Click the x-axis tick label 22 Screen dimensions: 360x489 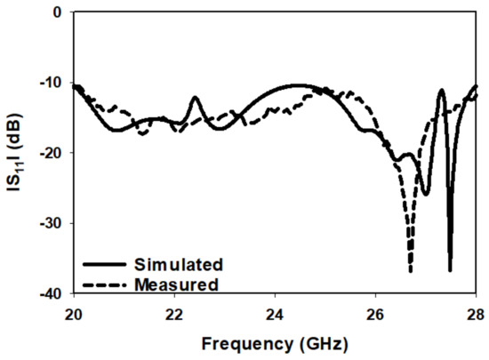pyautogui.click(x=174, y=312)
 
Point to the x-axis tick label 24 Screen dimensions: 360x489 pyautogui.click(x=275, y=312)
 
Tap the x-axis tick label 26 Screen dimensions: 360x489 pyautogui.click(x=376, y=312)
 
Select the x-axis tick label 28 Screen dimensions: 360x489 pyautogui.click(x=477, y=312)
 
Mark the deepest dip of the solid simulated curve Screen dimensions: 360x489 pyautogui.click(x=450, y=269)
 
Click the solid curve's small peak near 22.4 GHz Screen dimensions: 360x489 pyautogui.click(x=195, y=98)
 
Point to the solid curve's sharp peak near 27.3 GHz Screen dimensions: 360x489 pyautogui.click(x=440, y=90)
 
